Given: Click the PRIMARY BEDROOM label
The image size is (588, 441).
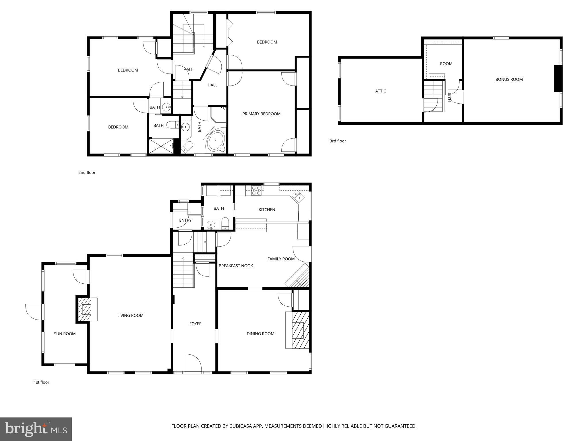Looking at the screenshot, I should pyautogui.click(x=261, y=114).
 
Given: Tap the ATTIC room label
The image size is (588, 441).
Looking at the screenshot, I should pyautogui.click(x=380, y=91).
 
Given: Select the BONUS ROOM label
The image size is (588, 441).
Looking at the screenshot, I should pyautogui.click(x=509, y=80).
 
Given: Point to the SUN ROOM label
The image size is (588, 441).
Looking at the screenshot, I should pyautogui.click(x=65, y=334).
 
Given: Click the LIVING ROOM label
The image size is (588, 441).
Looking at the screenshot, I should pyautogui.click(x=130, y=316).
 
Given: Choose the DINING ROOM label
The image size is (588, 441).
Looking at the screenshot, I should pyautogui.click(x=260, y=334).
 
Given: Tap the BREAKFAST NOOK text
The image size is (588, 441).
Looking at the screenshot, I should pyautogui.click(x=236, y=266).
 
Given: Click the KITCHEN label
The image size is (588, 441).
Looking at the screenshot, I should pyautogui.click(x=267, y=210).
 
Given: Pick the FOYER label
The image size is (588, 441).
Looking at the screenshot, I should pyautogui.click(x=195, y=324).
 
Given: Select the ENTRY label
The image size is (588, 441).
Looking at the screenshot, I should pyautogui.click(x=185, y=220).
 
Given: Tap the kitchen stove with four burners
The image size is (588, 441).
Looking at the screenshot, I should pyautogui.click(x=256, y=191).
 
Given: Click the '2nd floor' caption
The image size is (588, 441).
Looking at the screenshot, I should pyautogui.click(x=87, y=173).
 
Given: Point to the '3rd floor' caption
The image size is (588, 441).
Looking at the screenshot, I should pyautogui.click(x=338, y=141).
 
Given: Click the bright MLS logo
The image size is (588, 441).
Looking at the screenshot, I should pyautogui.click(x=36, y=429).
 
